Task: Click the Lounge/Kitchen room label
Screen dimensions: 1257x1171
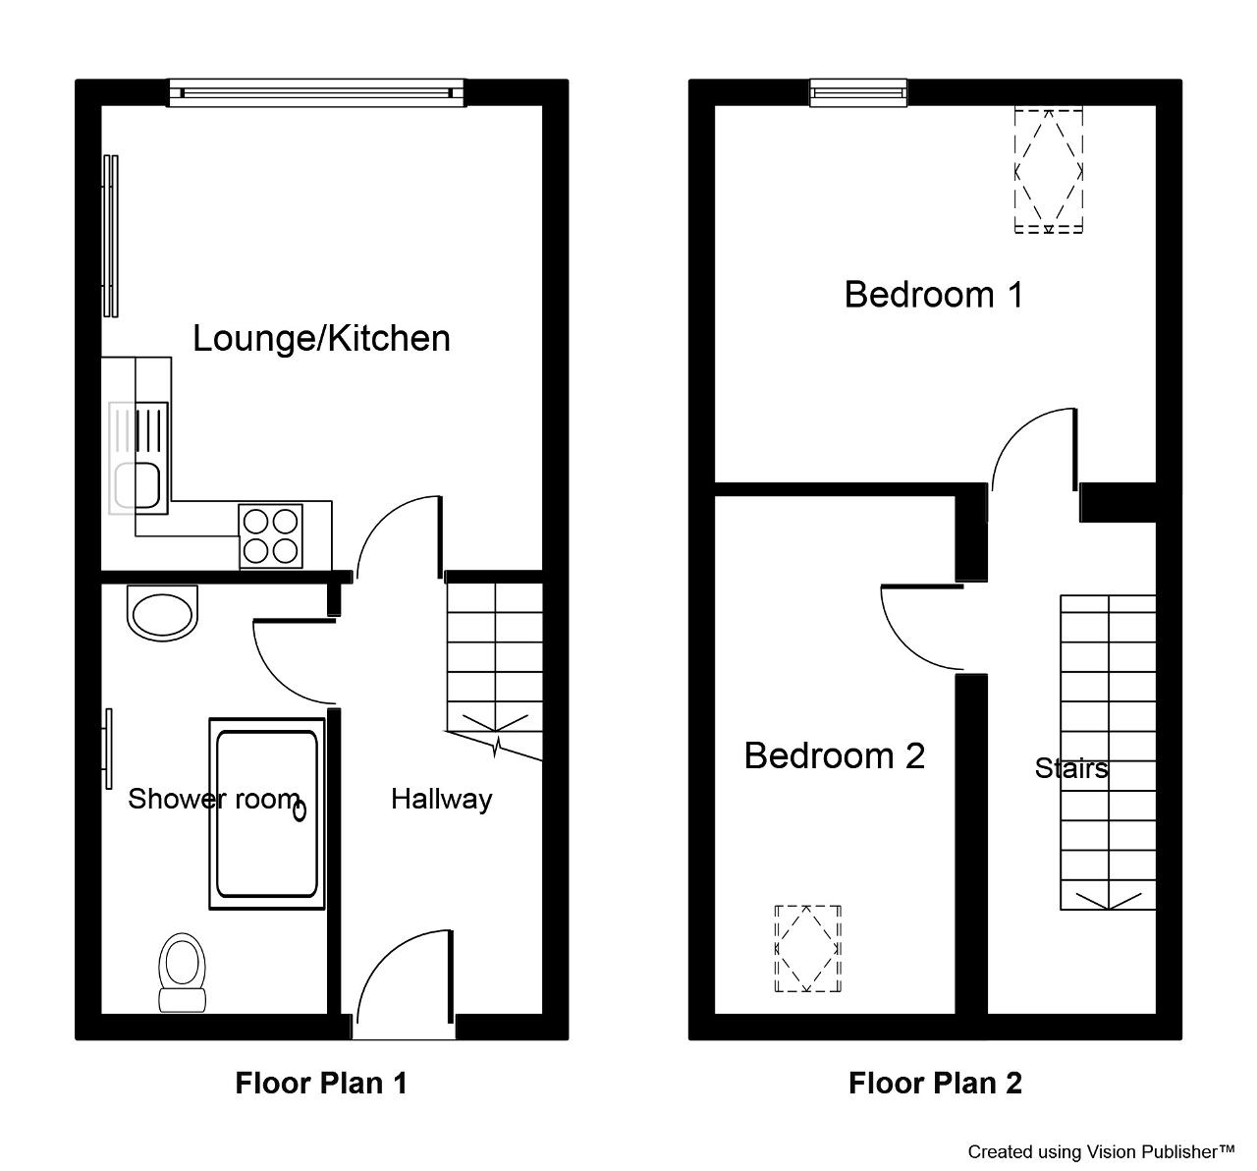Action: [321, 339]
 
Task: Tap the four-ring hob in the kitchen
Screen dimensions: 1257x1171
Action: [270, 535]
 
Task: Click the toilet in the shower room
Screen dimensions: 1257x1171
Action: [182, 973]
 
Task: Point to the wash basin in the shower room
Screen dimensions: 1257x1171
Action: [163, 613]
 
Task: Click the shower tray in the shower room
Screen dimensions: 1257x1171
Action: [267, 813]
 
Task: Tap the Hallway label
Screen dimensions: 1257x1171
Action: [441, 800]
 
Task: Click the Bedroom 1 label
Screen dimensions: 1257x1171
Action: [934, 295]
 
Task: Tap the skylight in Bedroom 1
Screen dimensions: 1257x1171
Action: [1049, 170]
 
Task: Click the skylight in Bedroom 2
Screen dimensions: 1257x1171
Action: [808, 948]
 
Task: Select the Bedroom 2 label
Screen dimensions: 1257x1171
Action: [834, 755]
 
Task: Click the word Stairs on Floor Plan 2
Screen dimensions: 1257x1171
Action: [1071, 768]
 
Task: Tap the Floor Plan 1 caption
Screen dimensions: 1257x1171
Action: [321, 1083]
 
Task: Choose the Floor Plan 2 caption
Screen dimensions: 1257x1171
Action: [935, 1083]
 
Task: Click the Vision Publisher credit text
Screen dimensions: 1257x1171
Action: [1101, 1151]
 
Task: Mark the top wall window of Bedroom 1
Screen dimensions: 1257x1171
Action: [858, 93]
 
